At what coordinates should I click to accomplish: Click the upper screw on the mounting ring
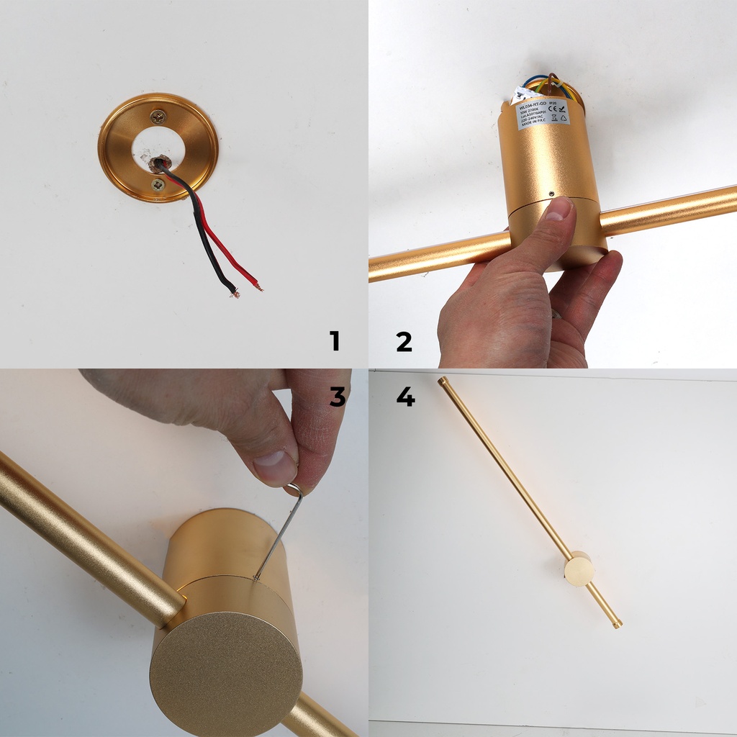pyautogui.click(x=158, y=116)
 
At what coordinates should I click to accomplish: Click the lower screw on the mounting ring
pyautogui.click(x=158, y=185)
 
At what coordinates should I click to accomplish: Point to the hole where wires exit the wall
pyautogui.click(x=158, y=163)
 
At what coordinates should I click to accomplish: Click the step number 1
pyautogui.click(x=334, y=341)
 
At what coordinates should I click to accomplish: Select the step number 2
pyautogui.click(x=404, y=341)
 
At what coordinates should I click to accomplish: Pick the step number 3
pyautogui.click(x=338, y=396)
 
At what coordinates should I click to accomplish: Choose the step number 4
pyautogui.click(x=405, y=396)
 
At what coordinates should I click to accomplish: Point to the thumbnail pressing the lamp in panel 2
pyautogui.click(x=559, y=210)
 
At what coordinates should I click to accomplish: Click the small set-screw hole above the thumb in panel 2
pyautogui.click(x=551, y=194)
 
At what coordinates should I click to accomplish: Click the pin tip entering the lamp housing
pyautogui.click(x=256, y=577)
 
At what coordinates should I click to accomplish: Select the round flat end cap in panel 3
pyautogui.click(x=226, y=674)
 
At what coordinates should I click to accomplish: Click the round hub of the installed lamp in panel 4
pyautogui.click(x=579, y=569)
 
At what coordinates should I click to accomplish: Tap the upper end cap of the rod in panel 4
pyautogui.click(x=443, y=381)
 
